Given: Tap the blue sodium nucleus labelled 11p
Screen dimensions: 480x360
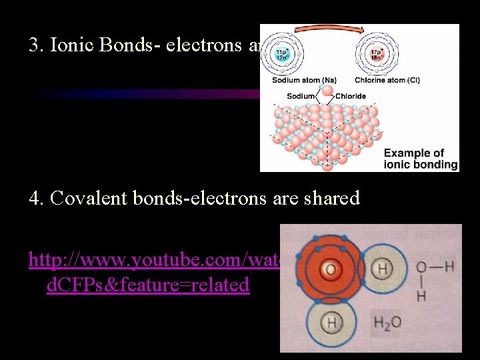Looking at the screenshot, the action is [283, 53].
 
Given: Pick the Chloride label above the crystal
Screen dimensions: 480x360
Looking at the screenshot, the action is [351, 96].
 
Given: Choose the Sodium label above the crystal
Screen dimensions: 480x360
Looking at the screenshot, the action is [301, 96].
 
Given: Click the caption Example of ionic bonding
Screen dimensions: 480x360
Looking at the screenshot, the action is [420, 159].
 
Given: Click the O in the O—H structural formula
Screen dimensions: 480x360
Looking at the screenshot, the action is [421, 268].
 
